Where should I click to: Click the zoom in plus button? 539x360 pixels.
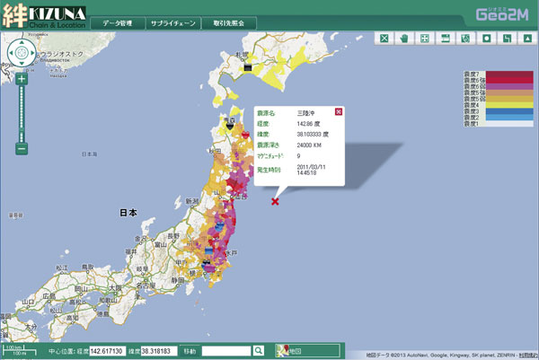22,78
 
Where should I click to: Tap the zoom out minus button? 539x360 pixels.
22,148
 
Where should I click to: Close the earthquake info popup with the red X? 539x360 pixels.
339,111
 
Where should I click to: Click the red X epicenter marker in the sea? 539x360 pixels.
275,201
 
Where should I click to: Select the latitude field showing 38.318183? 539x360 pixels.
158,350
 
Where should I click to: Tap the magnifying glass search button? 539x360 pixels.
258,350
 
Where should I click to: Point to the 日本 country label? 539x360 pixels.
128,213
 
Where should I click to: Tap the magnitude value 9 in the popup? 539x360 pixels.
297,156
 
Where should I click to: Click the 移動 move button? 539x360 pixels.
190,350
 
